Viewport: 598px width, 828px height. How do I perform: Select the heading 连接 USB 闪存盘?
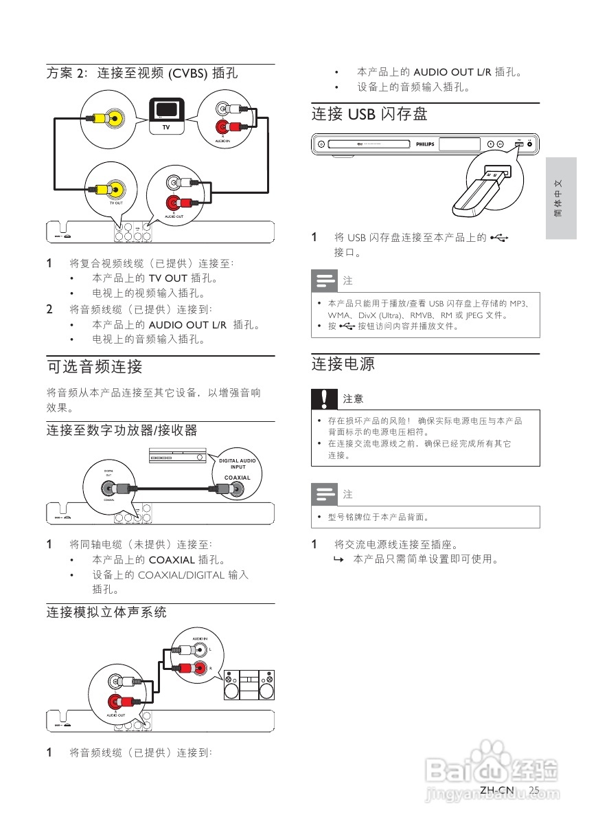(369, 114)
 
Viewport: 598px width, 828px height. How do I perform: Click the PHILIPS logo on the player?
(426, 144)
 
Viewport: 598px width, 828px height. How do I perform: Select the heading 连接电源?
(343, 363)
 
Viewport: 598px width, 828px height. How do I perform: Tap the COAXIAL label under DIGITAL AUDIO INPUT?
(238, 477)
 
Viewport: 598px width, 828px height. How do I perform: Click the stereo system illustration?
(248, 684)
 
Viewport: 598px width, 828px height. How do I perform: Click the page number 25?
(535, 791)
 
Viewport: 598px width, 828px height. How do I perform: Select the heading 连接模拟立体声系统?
(106, 612)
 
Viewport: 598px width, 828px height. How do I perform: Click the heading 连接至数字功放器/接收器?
(122, 430)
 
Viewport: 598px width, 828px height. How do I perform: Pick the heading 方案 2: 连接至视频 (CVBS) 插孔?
(142, 72)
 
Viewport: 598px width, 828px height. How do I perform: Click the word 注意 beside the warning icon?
(354, 399)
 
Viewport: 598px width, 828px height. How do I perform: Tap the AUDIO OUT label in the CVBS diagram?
(175, 216)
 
